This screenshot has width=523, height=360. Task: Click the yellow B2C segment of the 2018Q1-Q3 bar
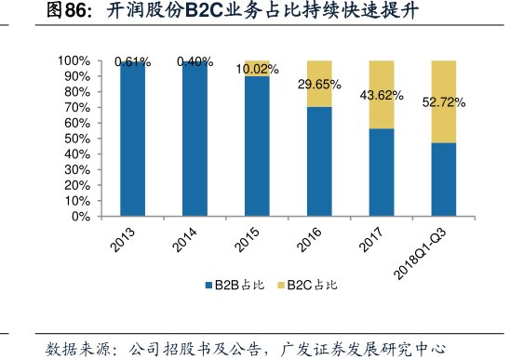(443, 101)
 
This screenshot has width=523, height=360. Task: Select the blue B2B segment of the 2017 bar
(382, 172)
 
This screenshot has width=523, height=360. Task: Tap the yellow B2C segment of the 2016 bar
(319, 84)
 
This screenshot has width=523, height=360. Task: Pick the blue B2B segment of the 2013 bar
(133, 140)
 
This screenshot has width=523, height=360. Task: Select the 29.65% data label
(319, 85)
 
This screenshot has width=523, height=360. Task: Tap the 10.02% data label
(257, 69)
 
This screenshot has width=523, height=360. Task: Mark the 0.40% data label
(195, 62)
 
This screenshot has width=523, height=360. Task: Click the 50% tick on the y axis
(77, 139)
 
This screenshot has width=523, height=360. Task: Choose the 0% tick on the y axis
(81, 216)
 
